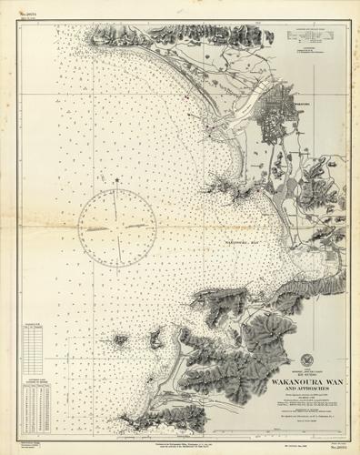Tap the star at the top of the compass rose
(x=117, y=180)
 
